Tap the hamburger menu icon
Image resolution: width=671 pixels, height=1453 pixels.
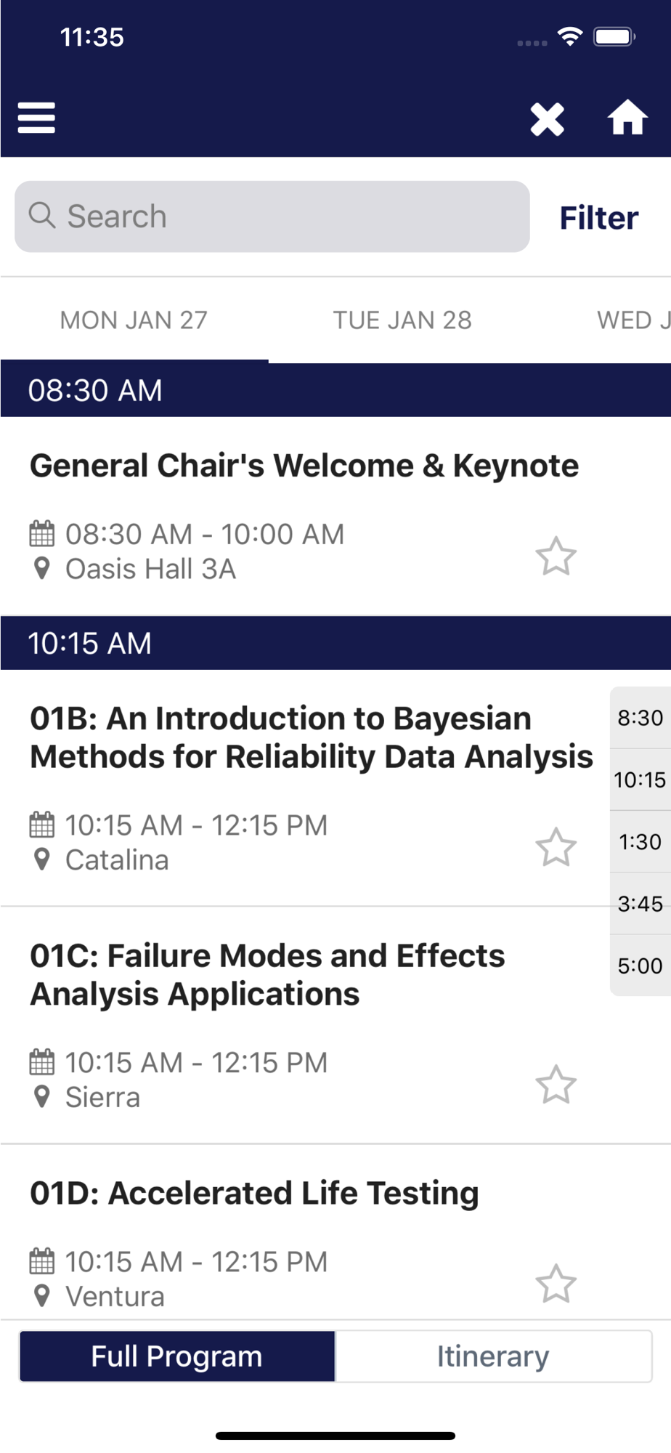pos(36,118)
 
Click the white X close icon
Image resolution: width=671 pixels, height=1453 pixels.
pos(547,119)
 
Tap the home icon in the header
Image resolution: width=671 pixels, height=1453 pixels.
pos(627,118)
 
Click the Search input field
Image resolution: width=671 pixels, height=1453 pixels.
pos(272,216)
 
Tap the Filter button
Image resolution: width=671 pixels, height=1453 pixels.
pos(599,218)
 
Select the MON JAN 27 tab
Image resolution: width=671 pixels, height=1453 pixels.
pos(134,320)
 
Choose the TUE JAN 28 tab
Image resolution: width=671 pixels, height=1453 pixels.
pos(402,320)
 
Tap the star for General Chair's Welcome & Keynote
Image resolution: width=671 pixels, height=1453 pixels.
pos(556,556)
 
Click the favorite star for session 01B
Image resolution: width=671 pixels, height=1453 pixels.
pos(556,847)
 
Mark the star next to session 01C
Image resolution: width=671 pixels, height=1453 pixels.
pos(556,1085)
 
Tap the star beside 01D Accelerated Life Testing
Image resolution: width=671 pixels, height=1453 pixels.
pos(556,1284)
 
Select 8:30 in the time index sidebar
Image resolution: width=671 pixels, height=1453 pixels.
pos(640,718)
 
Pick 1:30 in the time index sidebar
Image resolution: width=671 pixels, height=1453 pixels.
pos(640,841)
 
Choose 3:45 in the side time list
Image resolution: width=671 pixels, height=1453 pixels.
pos(640,903)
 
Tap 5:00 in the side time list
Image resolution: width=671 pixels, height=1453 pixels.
pos(640,966)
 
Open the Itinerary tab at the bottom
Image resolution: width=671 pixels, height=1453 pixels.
pos(493,1356)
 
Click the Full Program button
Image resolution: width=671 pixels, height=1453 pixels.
pos(177,1356)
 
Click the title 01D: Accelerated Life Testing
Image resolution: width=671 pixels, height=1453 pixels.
pos(254,1193)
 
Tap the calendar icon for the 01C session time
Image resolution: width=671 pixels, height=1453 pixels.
pos(41,1062)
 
